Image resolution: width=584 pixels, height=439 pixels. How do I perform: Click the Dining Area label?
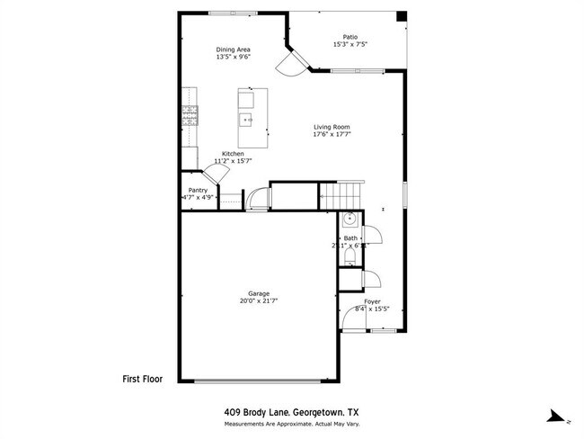pos(233,49)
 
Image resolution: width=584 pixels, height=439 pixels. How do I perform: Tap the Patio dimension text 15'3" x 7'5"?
pos(350,45)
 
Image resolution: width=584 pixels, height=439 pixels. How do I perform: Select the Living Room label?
pos(332,127)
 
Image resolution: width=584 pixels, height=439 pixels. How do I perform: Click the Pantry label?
pos(198,190)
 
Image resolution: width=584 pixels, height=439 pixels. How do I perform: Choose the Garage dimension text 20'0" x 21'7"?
pos(260,301)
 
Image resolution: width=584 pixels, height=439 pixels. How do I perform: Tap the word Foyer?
pos(372,301)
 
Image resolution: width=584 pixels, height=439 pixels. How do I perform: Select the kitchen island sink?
pos(246,118)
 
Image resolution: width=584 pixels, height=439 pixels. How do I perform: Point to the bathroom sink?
pos(350,219)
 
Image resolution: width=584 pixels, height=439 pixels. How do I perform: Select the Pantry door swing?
pos(217,175)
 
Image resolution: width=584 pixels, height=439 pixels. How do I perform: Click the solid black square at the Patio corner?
pos(401,17)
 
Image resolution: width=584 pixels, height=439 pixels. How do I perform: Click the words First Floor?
pos(142,380)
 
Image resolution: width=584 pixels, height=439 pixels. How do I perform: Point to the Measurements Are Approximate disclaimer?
pos(291,424)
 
